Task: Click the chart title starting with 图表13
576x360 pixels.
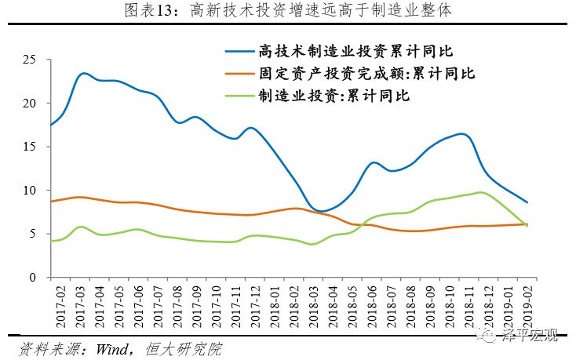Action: pos(288,12)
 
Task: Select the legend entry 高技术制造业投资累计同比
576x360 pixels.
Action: pos(356,52)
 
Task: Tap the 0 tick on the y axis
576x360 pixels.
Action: pos(34,278)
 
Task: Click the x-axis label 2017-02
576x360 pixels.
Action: pos(53,304)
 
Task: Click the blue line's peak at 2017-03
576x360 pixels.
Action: pos(84,74)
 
